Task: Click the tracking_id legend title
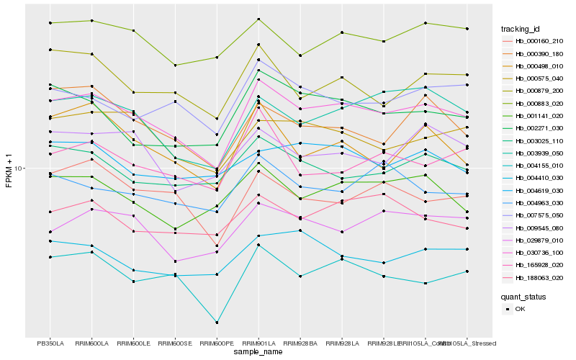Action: (x=522, y=29)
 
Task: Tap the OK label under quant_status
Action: (x=520, y=309)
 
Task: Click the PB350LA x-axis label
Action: (x=50, y=343)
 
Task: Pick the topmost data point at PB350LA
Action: (x=50, y=23)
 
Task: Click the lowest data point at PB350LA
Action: (x=50, y=257)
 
